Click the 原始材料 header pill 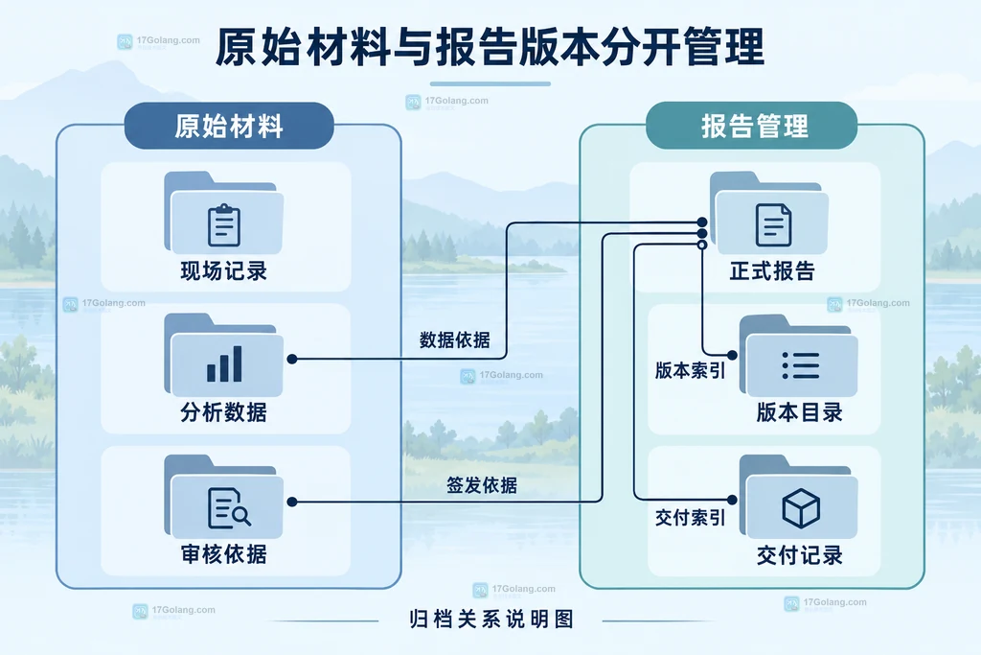[x=229, y=126]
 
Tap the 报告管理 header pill [x=751, y=126]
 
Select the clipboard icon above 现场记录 [x=224, y=224]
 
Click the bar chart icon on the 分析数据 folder [x=224, y=363]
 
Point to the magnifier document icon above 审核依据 [x=229, y=508]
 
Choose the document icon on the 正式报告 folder [x=773, y=224]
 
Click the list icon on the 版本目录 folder [x=800, y=365]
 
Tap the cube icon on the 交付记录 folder [x=801, y=508]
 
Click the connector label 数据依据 [x=455, y=340]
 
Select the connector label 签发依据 [x=482, y=485]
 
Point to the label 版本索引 [x=690, y=370]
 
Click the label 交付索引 [x=690, y=517]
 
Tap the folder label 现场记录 [x=224, y=271]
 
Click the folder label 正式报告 [x=773, y=271]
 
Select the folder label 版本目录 [x=800, y=412]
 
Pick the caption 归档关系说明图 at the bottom [x=491, y=620]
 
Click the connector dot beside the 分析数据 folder [x=292, y=359]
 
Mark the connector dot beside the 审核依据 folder [x=292, y=502]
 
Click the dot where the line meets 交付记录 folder [x=732, y=500]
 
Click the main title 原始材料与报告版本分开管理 [x=490, y=47]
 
